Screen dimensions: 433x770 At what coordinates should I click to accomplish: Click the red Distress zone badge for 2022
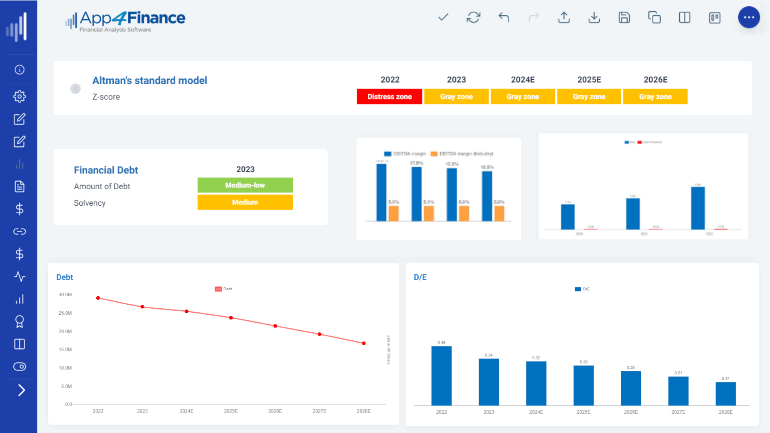389,97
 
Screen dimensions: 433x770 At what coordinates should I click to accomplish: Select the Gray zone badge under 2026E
655,97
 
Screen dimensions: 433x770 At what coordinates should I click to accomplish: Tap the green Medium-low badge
245,185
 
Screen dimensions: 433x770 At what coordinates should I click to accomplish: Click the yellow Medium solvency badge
245,202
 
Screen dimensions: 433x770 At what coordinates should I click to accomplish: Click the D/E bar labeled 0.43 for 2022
441,376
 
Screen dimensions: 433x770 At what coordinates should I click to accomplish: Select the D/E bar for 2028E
725,393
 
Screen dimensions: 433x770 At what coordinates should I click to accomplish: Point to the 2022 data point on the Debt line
98,298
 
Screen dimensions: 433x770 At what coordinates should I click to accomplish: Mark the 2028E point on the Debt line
364,343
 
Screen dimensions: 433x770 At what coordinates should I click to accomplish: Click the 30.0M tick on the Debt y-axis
65,295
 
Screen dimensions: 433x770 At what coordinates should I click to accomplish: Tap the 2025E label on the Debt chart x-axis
231,411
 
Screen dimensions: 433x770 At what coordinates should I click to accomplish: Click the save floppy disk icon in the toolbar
624,18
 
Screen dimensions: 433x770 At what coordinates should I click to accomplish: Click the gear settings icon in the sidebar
19,96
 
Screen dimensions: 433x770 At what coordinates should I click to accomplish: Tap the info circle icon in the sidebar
19,70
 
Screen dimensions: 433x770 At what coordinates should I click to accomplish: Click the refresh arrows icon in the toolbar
473,18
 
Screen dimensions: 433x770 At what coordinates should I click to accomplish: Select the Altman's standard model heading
150,81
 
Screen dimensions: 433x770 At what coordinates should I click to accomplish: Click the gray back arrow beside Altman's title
75,89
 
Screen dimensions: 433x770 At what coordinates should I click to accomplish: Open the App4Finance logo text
132,18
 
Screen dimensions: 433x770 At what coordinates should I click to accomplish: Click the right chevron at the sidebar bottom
21,390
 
